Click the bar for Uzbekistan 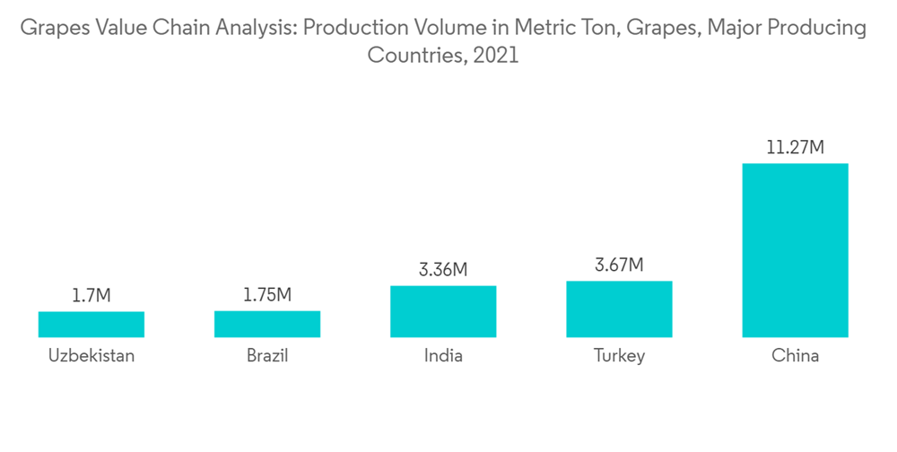click(91, 324)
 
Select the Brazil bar click(267, 324)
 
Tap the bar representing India click(443, 311)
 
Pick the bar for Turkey click(619, 309)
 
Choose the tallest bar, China click(795, 250)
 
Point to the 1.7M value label click(91, 295)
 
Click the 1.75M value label click(267, 295)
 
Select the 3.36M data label click(443, 269)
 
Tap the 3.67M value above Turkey click(619, 265)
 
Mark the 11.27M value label click(795, 147)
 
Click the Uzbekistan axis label click(91, 356)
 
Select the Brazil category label click(267, 356)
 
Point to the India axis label click(443, 356)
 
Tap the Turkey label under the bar click(619, 356)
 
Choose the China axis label click(795, 356)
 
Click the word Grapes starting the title click(50, 30)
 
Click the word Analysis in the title click(257, 30)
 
